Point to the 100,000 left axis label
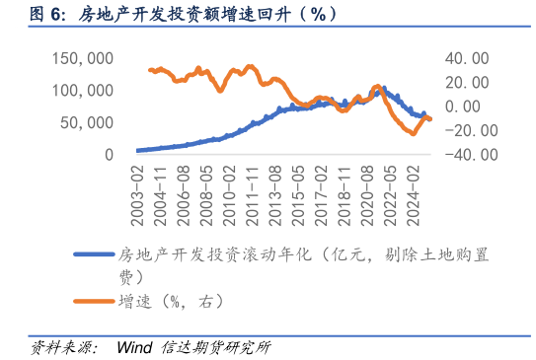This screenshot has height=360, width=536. pos(85,90)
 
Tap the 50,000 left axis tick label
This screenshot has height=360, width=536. pos(89,122)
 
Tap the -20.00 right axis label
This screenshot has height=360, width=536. pos(464,130)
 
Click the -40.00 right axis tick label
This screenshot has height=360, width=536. pos(464,155)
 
